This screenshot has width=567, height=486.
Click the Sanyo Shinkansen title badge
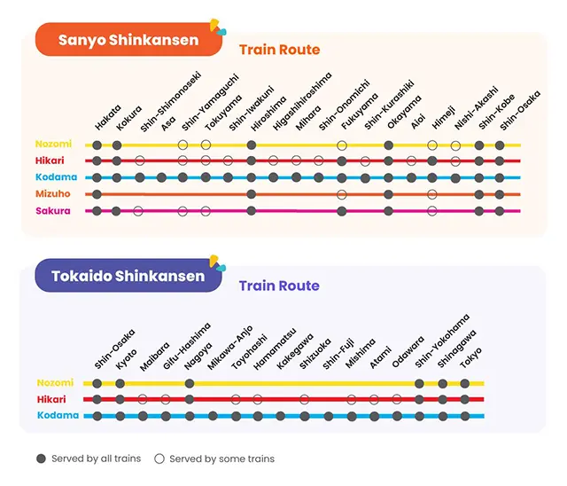[128, 41]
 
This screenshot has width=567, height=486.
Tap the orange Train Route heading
[279, 50]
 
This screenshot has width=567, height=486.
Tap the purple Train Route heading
[279, 286]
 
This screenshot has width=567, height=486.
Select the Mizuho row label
[54, 193]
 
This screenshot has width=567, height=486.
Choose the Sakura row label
[53, 211]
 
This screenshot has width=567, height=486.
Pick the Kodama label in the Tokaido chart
[58, 415]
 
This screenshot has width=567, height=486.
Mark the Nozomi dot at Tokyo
[465, 383]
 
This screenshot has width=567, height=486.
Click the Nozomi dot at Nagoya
[190, 383]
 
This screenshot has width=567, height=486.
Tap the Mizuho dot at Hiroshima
[252, 194]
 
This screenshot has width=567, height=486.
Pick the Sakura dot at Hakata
[96, 211]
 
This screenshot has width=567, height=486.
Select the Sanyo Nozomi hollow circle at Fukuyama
[342, 145]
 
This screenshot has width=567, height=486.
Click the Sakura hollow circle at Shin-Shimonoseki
[138, 211]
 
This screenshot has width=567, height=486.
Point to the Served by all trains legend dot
[41, 459]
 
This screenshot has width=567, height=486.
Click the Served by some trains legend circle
[159, 459]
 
